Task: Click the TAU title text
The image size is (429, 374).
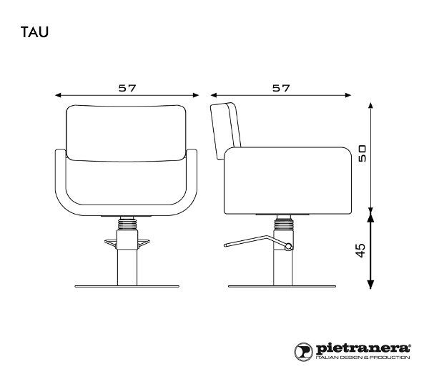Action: click(x=34, y=32)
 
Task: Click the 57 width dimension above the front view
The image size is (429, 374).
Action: click(x=128, y=88)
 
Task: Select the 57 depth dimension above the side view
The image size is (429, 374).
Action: click(x=281, y=88)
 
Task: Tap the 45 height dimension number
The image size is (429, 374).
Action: click(x=362, y=250)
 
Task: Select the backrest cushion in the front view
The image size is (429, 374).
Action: click(x=128, y=130)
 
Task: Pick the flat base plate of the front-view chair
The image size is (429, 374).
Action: click(x=128, y=286)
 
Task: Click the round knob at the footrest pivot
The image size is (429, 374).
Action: click(x=289, y=247)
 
